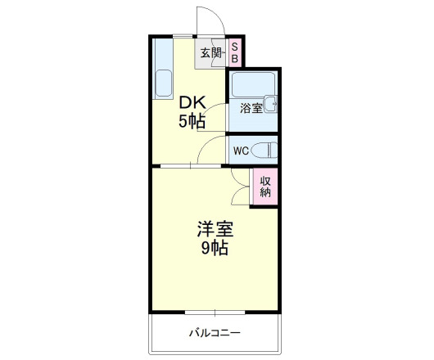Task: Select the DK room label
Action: [192, 104]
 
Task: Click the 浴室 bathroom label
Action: [250, 107]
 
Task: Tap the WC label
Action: [240, 151]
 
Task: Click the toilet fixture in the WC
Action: [264, 151]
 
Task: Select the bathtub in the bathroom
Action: [252, 85]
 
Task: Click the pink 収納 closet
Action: [265, 187]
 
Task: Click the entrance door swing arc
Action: [206, 20]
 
